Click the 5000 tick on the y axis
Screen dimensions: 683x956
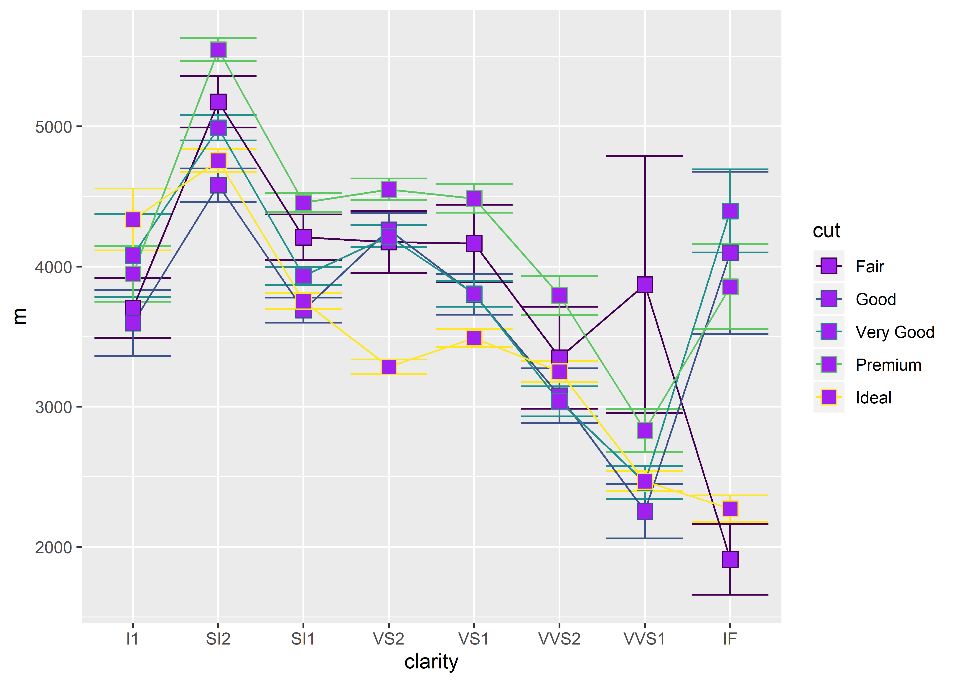click(53, 127)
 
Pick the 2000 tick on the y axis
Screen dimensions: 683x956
click(53, 547)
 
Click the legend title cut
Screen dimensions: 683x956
click(826, 230)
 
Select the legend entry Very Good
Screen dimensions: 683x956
click(895, 332)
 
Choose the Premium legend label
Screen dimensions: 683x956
click(888, 365)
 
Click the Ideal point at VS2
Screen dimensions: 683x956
click(389, 367)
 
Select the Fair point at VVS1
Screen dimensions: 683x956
click(644, 285)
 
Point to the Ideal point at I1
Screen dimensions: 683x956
click(133, 219)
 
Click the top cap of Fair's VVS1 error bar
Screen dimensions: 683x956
click(644, 156)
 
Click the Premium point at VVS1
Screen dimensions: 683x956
click(644, 430)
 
